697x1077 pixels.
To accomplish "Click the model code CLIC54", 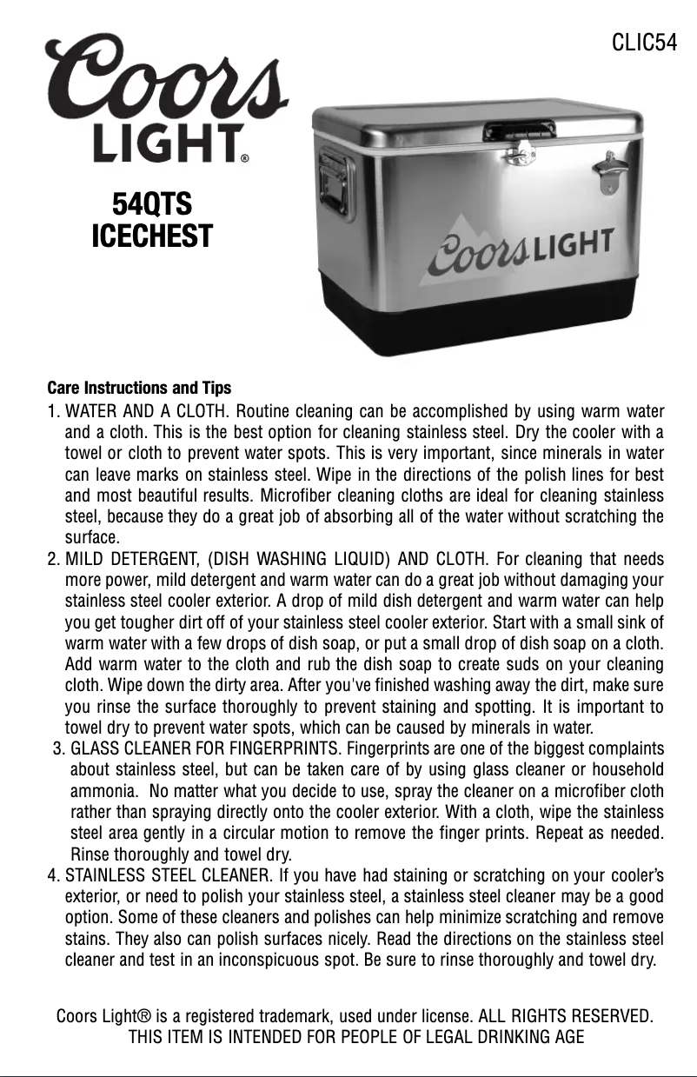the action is [644, 43].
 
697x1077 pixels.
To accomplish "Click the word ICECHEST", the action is [152, 236].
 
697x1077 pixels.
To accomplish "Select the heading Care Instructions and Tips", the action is [139, 386].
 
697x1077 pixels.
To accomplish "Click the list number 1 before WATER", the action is [52, 410].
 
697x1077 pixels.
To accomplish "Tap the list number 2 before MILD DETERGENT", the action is [52, 557].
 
